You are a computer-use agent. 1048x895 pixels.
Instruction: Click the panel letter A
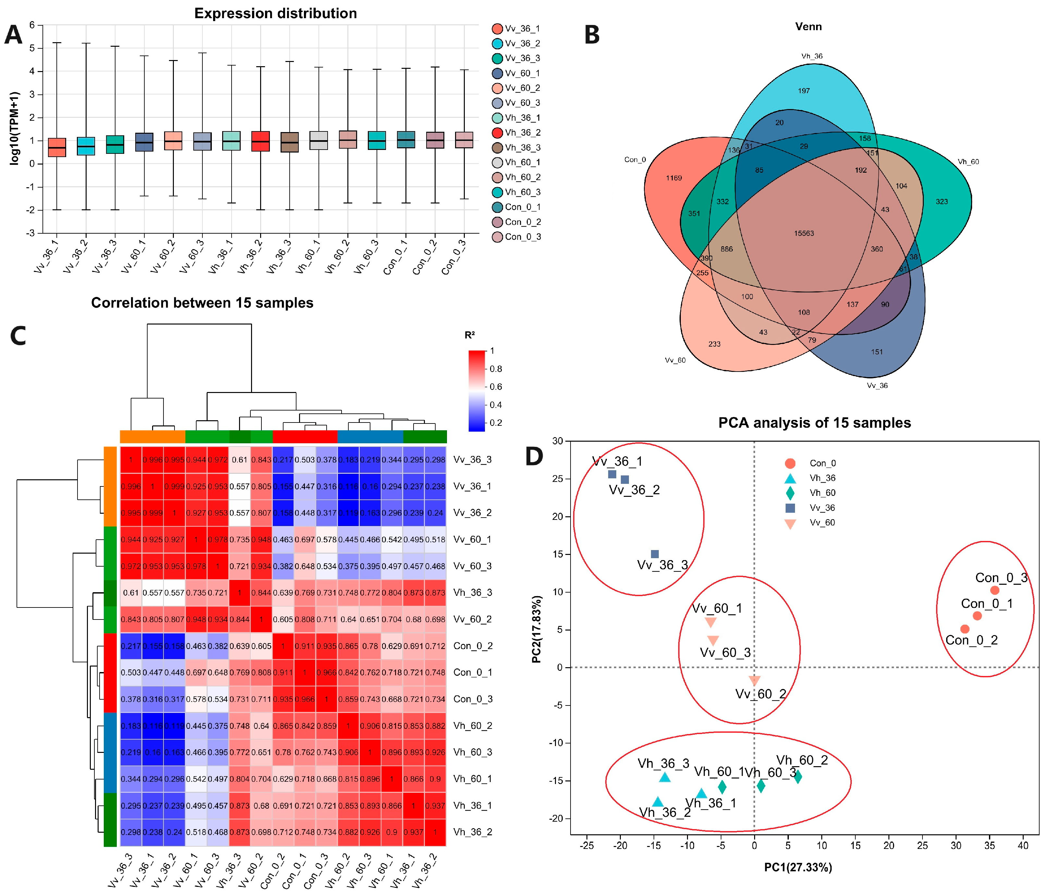click(x=14, y=35)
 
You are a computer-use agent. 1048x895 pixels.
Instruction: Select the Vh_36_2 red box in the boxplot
click(x=260, y=141)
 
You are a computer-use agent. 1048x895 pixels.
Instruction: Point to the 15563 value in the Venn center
click(x=804, y=233)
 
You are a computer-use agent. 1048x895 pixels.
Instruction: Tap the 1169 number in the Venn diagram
click(x=674, y=178)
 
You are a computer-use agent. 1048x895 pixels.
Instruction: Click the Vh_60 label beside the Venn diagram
click(x=968, y=162)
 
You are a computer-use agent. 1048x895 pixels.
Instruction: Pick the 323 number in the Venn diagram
click(x=941, y=202)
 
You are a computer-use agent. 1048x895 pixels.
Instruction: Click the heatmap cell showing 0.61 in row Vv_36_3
click(x=239, y=460)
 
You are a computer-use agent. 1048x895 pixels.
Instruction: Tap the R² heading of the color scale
click(x=469, y=335)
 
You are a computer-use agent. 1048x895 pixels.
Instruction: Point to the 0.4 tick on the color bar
click(x=496, y=405)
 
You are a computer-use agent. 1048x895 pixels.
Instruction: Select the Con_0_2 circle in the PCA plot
click(x=965, y=629)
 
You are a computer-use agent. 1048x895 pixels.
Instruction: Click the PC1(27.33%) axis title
click(x=798, y=867)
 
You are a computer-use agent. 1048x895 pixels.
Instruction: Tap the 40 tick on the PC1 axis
click(x=1023, y=845)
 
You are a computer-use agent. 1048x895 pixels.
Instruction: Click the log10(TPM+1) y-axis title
click(x=14, y=128)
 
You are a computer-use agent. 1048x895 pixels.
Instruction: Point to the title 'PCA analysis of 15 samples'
click(x=814, y=423)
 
